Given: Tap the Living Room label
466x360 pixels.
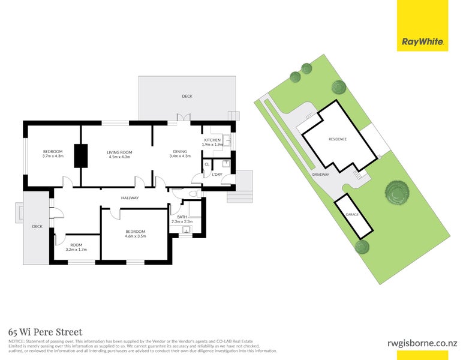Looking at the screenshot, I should pyautogui.click(x=119, y=152).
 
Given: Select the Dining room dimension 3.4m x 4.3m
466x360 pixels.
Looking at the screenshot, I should pyautogui.click(x=180, y=156).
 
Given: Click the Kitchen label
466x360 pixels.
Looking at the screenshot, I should pyautogui.click(x=212, y=140).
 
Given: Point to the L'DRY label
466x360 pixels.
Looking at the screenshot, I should pyautogui.click(x=217, y=175).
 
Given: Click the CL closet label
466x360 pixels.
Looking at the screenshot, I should pyautogui.click(x=207, y=164).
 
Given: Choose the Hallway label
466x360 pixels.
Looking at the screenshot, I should pyautogui.click(x=130, y=198).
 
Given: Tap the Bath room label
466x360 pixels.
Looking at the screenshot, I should pyautogui.click(x=182, y=217).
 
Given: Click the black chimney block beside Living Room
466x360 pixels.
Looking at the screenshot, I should pyautogui.click(x=80, y=156).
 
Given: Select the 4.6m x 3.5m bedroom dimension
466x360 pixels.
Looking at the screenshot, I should pyautogui.click(x=135, y=236).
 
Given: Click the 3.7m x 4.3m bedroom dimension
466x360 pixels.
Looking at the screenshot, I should pyautogui.click(x=53, y=156).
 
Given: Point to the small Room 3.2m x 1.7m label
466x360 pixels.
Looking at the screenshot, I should pyautogui.click(x=76, y=247).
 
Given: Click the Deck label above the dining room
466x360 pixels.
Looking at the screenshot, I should pyautogui.click(x=187, y=96).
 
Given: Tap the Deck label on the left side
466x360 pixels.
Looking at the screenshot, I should pyautogui.click(x=37, y=226).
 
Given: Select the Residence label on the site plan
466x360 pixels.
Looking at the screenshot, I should pyautogui.click(x=337, y=139).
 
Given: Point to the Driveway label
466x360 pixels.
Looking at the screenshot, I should pyautogui.click(x=321, y=175).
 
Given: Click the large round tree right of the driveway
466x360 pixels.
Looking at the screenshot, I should pyautogui.click(x=396, y=193).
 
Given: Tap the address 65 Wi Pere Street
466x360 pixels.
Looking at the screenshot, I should pyautogui.click(x=45, y=332).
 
